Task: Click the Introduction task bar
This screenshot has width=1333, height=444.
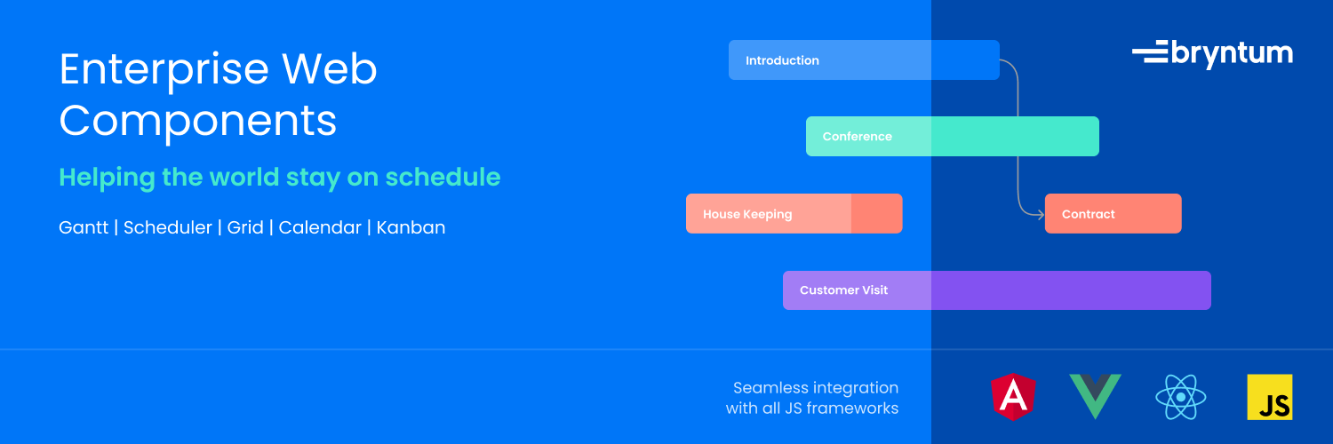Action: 864,60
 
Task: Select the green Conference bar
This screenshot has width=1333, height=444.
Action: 952,136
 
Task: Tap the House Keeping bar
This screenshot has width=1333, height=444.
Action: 794,213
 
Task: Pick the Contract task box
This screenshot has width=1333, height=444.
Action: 1113,213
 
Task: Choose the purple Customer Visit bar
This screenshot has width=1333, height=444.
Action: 997,290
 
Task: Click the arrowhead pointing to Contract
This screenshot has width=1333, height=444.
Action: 1041,214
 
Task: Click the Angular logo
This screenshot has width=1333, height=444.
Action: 1013,397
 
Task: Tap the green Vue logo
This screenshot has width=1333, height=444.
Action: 1095,396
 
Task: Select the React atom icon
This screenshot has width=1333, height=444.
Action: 1181,397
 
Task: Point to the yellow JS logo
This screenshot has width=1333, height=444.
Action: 1270,397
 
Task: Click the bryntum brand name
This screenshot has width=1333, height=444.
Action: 1232,54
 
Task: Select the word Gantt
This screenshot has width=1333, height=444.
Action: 84,227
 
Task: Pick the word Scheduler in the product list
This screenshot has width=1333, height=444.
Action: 168,227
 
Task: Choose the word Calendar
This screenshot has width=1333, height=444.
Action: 320,227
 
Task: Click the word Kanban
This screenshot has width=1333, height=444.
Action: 411,227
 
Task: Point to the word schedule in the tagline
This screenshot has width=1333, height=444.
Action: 443,177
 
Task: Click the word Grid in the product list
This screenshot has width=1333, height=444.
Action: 245,227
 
